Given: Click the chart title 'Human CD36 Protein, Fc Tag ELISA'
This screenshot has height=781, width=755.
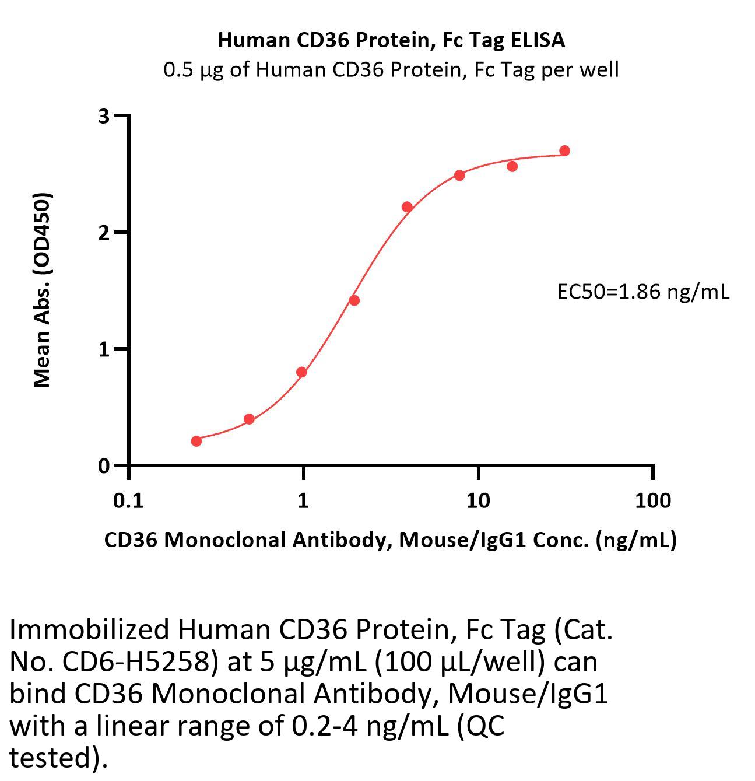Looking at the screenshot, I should (x=391, y=40).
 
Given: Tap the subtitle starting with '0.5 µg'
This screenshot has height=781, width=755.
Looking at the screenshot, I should (x=391, y=70).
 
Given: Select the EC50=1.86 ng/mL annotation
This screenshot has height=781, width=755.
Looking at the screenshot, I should (x=643, y=291).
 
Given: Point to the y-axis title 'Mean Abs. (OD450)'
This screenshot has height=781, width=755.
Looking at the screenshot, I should (x=43, y=289).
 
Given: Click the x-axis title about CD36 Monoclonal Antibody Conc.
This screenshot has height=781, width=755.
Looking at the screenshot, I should (x=390, y=540).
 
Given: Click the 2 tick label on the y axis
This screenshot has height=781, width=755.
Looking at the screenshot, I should (x=104, y=233).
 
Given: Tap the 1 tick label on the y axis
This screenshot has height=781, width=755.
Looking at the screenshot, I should (x=104, y=349).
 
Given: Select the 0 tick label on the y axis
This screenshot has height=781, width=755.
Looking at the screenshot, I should (x=104, y=466).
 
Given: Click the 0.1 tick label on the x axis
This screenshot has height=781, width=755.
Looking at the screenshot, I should (x=128, y=500).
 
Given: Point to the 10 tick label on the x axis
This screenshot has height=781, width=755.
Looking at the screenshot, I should (x=477, y=500).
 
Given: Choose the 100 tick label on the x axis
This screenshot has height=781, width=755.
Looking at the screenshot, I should (x=652, y=500).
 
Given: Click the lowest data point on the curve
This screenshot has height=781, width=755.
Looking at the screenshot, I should (x=196, y=441).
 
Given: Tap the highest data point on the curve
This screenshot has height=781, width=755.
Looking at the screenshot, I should (x=564, y=151).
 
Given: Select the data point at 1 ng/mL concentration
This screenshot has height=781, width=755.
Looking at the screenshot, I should (x=301, y=372).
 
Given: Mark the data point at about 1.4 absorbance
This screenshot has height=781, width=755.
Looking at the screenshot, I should (x=354, y=300).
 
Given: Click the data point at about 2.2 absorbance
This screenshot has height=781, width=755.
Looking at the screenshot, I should (x=407, y=207).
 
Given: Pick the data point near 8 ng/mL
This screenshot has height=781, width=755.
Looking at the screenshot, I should (x=459, y=176).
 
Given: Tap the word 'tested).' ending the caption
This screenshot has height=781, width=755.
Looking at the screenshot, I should (x=59, y=758).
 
